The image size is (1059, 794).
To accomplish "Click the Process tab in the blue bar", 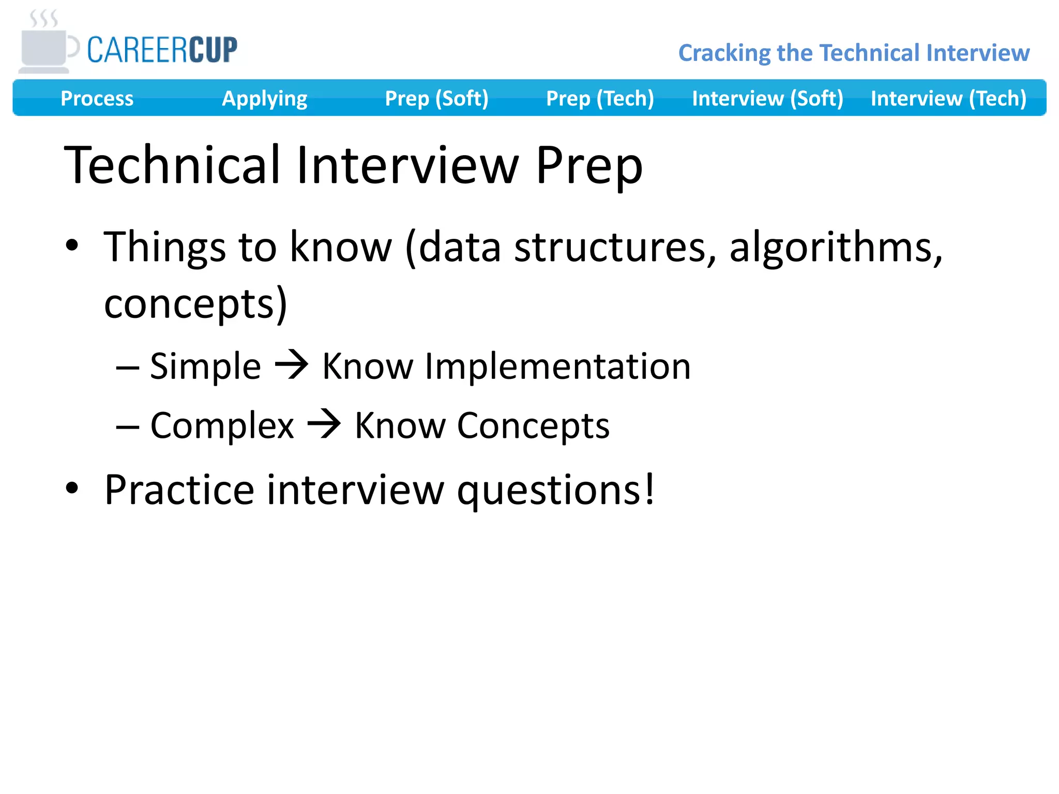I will (x=97, y=98).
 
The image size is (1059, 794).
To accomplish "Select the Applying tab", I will (x=264, y=98).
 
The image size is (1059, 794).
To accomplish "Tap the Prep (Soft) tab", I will (x=436, y=98).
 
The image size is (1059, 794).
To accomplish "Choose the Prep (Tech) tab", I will (x=600, y=98).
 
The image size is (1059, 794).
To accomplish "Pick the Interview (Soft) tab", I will (x=767, y=98).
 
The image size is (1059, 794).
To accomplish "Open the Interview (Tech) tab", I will (x=948, y=98).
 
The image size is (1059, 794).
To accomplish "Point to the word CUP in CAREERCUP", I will (x=213, y=50).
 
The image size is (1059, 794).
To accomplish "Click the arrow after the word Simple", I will (x=292, y=364).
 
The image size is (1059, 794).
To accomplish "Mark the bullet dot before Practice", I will (x=72, y=488).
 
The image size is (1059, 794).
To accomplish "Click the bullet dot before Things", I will (x=72, y=245).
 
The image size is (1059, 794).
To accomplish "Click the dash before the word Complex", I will (x=128, y=427).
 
